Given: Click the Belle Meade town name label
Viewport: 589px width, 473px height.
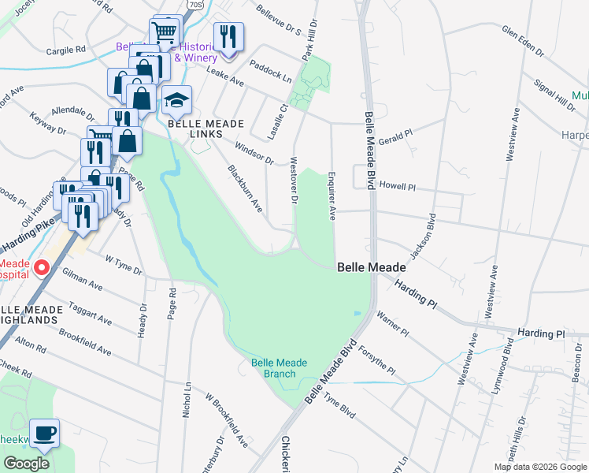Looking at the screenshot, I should tap(372, 267).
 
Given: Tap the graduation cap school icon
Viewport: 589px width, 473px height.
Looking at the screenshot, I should tap(177, 101).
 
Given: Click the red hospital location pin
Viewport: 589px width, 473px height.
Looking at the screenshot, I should tap(43, 268).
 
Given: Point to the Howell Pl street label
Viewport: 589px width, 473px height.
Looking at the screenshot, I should tap(397, 187).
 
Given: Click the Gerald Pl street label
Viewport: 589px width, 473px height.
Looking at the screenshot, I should tap(395, 137).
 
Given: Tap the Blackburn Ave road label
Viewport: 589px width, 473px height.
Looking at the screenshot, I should tap(245, 188).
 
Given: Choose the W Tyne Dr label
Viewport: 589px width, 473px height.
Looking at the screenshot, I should tap(124, 263).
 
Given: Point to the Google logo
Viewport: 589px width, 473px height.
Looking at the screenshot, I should tap(26, 464).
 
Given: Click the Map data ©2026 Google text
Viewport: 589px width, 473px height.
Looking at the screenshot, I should tap(540, 467).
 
